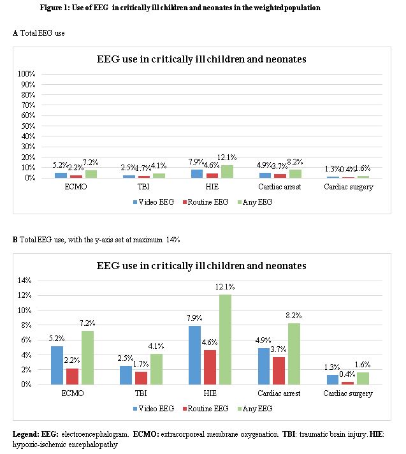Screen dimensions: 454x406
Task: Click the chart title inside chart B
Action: [201, 265]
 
